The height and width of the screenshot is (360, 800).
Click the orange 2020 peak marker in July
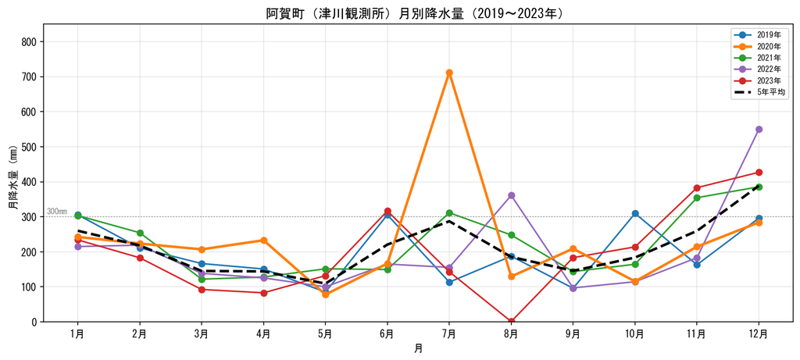coord(449,73)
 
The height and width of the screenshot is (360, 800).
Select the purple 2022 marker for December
coord(759,129)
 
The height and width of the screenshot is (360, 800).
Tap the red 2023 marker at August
coord(511,321)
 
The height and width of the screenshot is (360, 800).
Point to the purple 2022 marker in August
coord(511,195)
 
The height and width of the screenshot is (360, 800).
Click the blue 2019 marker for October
coord(634,213)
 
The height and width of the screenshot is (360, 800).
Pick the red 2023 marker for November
coord(697,187)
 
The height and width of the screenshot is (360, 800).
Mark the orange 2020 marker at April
coord(264,241)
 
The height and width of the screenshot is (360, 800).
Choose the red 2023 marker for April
coord(264,293)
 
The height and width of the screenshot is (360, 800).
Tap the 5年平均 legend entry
coord(759,92)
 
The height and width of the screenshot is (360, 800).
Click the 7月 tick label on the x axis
coord(449,334)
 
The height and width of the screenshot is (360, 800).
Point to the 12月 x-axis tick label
coord(759,334)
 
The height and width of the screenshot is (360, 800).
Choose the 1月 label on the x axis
coord(77,334)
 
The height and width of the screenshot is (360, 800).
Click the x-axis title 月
coord(419,349)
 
